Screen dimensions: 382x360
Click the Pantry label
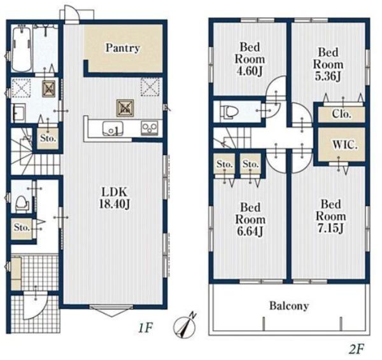point(122,48)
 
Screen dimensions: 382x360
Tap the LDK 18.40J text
point(115,198)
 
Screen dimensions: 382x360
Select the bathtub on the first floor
point(21,49)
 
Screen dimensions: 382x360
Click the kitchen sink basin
point(112,128)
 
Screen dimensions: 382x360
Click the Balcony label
point(289,306)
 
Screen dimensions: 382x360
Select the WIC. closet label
point(345,145)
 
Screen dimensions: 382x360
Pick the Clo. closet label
point(341,114)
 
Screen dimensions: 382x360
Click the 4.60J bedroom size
point(250,71)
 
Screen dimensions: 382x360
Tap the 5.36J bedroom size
point(328,76)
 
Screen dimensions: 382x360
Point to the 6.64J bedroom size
point(250,232)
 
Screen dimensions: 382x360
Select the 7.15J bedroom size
point(330,228)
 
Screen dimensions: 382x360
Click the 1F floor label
point(145,328)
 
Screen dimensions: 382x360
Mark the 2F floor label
point(357,350)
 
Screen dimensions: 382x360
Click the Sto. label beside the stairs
point(48,138)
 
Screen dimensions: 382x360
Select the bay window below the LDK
point(111,310)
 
